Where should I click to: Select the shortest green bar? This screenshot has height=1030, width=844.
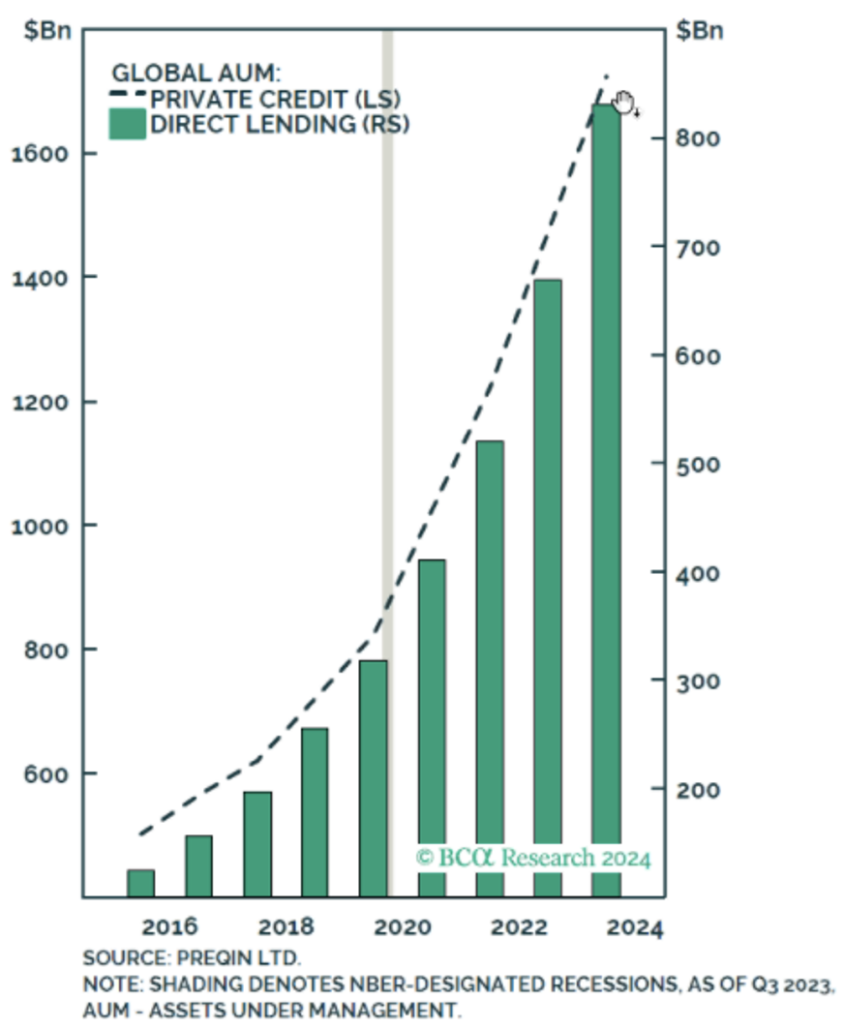click(141, 883)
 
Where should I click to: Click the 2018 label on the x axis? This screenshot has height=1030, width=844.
click(287, 926)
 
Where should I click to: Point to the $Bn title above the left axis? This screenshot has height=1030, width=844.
click(45, 30)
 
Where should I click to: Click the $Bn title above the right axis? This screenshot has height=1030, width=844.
click(697, 30)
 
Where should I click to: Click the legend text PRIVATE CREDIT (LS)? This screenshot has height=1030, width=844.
click(275, 99)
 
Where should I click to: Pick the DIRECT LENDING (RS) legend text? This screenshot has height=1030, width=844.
click(280, 125)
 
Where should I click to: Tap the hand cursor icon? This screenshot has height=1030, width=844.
click(623, 102)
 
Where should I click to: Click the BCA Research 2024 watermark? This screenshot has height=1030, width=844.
click(533, 858)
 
